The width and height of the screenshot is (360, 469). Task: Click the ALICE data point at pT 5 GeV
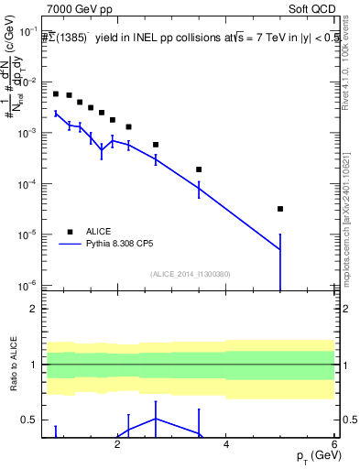point(280,209)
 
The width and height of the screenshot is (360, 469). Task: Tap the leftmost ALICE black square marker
point(56,93)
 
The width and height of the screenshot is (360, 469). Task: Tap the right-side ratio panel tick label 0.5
point(348,420)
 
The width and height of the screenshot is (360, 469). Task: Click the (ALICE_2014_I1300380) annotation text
point(191,273)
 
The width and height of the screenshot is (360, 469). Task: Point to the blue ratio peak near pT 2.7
point(156,418)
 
